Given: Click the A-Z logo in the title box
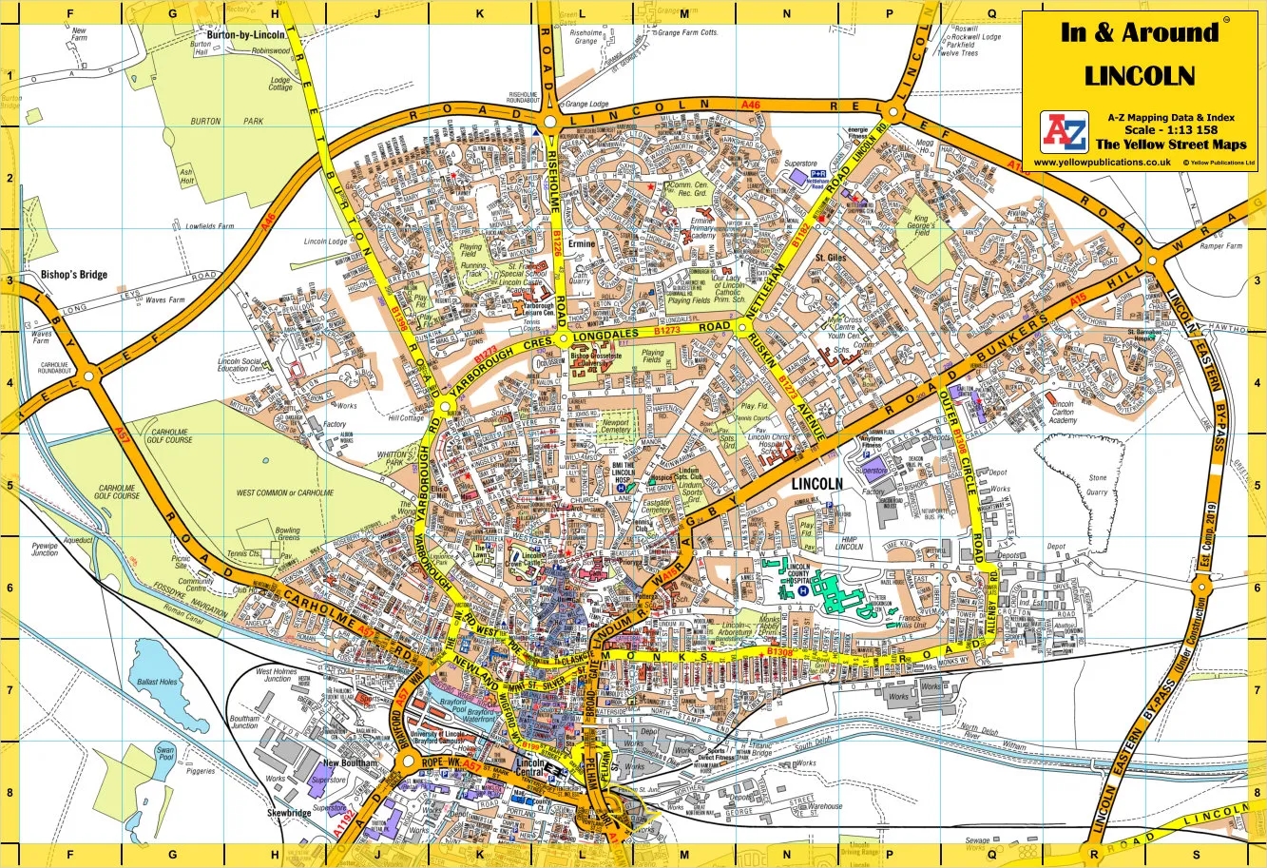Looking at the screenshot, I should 1064,132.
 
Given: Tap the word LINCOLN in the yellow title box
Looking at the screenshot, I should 1140,76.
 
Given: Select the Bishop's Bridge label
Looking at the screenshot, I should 74,275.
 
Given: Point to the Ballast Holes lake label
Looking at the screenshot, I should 157,683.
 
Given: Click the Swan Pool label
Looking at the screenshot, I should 167,754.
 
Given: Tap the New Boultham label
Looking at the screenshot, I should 350,763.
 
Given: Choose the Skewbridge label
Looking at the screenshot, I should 290,815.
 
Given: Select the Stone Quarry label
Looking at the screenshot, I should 1098,485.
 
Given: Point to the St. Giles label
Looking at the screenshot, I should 831,257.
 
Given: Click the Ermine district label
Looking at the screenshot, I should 581,244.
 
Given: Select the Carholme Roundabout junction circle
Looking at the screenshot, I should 89,376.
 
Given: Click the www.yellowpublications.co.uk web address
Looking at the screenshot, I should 1101,163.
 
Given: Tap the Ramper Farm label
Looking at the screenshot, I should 1219,246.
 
